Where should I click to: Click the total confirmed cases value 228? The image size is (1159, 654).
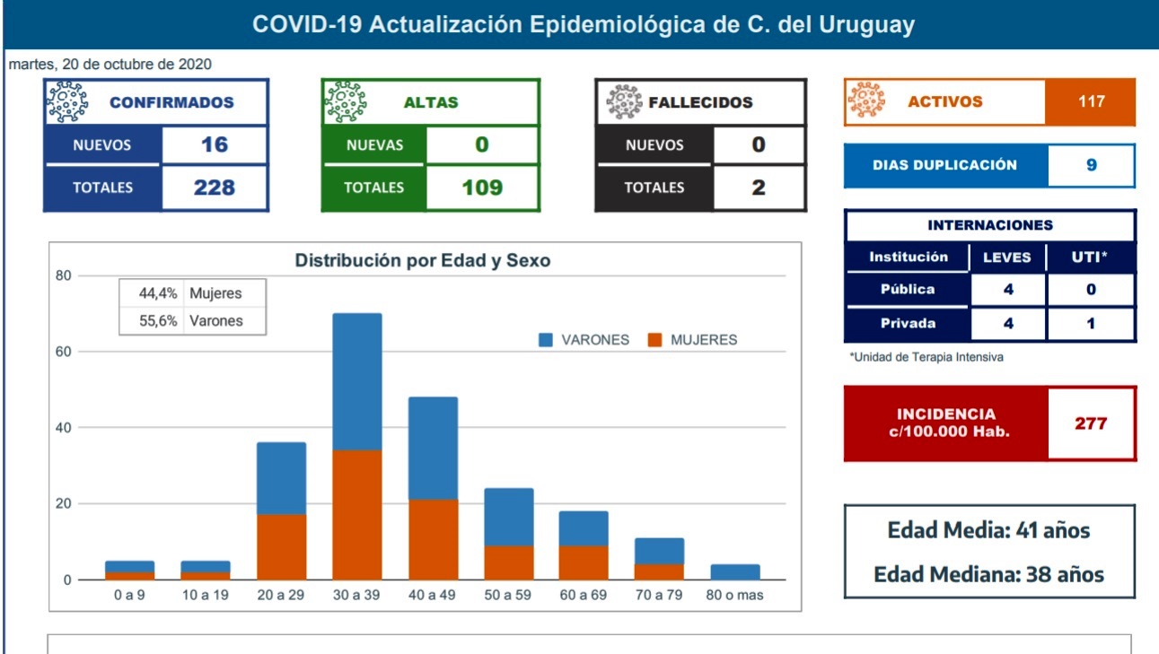point(215,187)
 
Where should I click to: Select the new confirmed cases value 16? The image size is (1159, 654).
point(215,144)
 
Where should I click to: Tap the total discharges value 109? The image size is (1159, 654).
point(482,187)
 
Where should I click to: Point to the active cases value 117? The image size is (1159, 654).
point(1091,101)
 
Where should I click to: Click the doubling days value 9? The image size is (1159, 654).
point(1091,165)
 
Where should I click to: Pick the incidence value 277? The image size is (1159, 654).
point(1091,423)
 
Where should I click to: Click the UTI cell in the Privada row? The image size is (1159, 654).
point(1091,323)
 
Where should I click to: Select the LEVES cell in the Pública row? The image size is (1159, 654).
point(1008,290)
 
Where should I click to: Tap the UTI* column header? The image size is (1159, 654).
point(1091,257)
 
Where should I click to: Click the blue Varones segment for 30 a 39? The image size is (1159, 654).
point(356,381)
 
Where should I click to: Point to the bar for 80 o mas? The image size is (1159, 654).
point(734,571)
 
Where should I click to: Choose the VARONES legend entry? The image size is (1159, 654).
point(584,340)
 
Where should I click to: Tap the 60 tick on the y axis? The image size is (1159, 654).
point(62,352)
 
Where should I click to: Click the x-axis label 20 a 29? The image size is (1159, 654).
point(281,595)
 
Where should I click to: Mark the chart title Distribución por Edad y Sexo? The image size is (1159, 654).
point(423,261)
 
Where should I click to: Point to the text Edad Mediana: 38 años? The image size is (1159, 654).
point(988,574)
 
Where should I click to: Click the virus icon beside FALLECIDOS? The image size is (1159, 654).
point(624,102)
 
